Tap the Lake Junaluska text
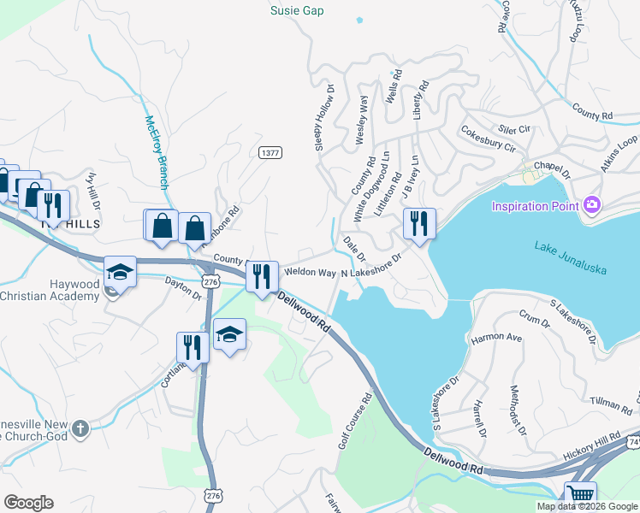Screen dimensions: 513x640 (x=571, y=257)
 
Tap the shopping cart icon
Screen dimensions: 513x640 (x=581, y=495)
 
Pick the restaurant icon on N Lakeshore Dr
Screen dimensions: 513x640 (x=419, y=224)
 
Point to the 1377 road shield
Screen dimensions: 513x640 (x=270, y=152)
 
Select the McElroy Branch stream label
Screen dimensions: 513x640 (x=156, y=151)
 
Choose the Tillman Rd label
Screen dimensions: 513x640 (x=611, y=402)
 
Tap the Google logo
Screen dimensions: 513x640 (x=27, y=503)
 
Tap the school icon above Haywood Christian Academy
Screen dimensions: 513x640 (x=121, y=273)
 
